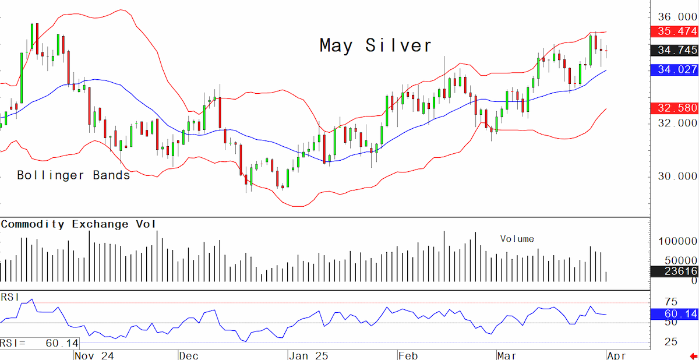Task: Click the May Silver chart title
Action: [x=375, y=45]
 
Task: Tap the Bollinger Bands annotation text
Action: [x=73, y=175]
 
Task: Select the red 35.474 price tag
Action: [x=675, y=31]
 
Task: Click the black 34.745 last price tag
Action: [x=675, y=50]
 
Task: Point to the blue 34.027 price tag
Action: [x=675, y=69]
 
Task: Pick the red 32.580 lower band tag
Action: [x=675, y=108]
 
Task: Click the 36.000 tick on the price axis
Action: [x=677, y=17]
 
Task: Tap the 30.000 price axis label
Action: [x=677, y=177]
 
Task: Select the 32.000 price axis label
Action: [x=677, y=123]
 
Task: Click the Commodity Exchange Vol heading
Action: [x=78, y=224]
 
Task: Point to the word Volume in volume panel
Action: [x=517, y=239]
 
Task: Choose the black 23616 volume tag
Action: [x=675, y=271]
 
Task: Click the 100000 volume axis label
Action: [x=677, y=241]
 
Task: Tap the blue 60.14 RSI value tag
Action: [x=675, y=314]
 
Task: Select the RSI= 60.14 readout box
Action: [x=40, y=343]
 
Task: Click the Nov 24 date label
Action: [x=94, y=356]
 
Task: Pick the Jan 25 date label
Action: [x=309, y=356]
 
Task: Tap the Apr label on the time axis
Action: [x=617, y=356]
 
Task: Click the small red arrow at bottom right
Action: [x=694, y=356]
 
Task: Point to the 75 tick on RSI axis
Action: [x=671, y=302]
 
